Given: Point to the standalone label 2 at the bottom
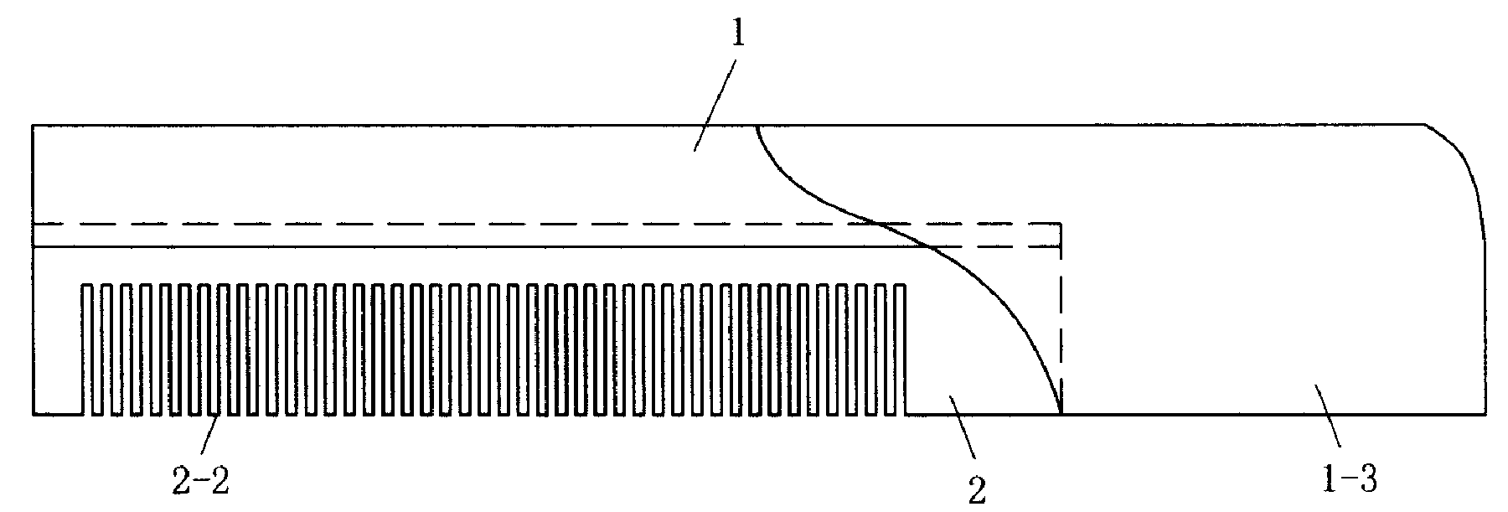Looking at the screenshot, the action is pyautogui.click(x=977, y=490).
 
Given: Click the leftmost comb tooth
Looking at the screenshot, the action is pyautogui.click(x=87, y=348).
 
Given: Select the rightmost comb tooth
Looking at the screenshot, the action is pyautogui.click(x=901, y=348).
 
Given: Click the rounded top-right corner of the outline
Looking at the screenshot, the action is pyautogui.click(x=1462, y=159).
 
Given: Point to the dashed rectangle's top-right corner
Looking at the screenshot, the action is pyautogui.click(x=1061, y=224).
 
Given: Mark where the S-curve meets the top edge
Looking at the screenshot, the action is pyautogui.click(x=757, y=126).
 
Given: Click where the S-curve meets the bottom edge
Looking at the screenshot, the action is pyautogui.click(x=1061, y=413).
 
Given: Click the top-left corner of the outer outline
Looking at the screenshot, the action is pyautogui.click(x=33, y=126).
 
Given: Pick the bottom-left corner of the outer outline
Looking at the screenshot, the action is pyautogui.click(x=33, y=413).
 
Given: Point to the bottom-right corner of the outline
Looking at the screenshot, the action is pyautogui.click(x=1485, y=413).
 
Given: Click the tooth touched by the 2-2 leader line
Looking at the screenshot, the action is pyautogui.click(x=221, y=348).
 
